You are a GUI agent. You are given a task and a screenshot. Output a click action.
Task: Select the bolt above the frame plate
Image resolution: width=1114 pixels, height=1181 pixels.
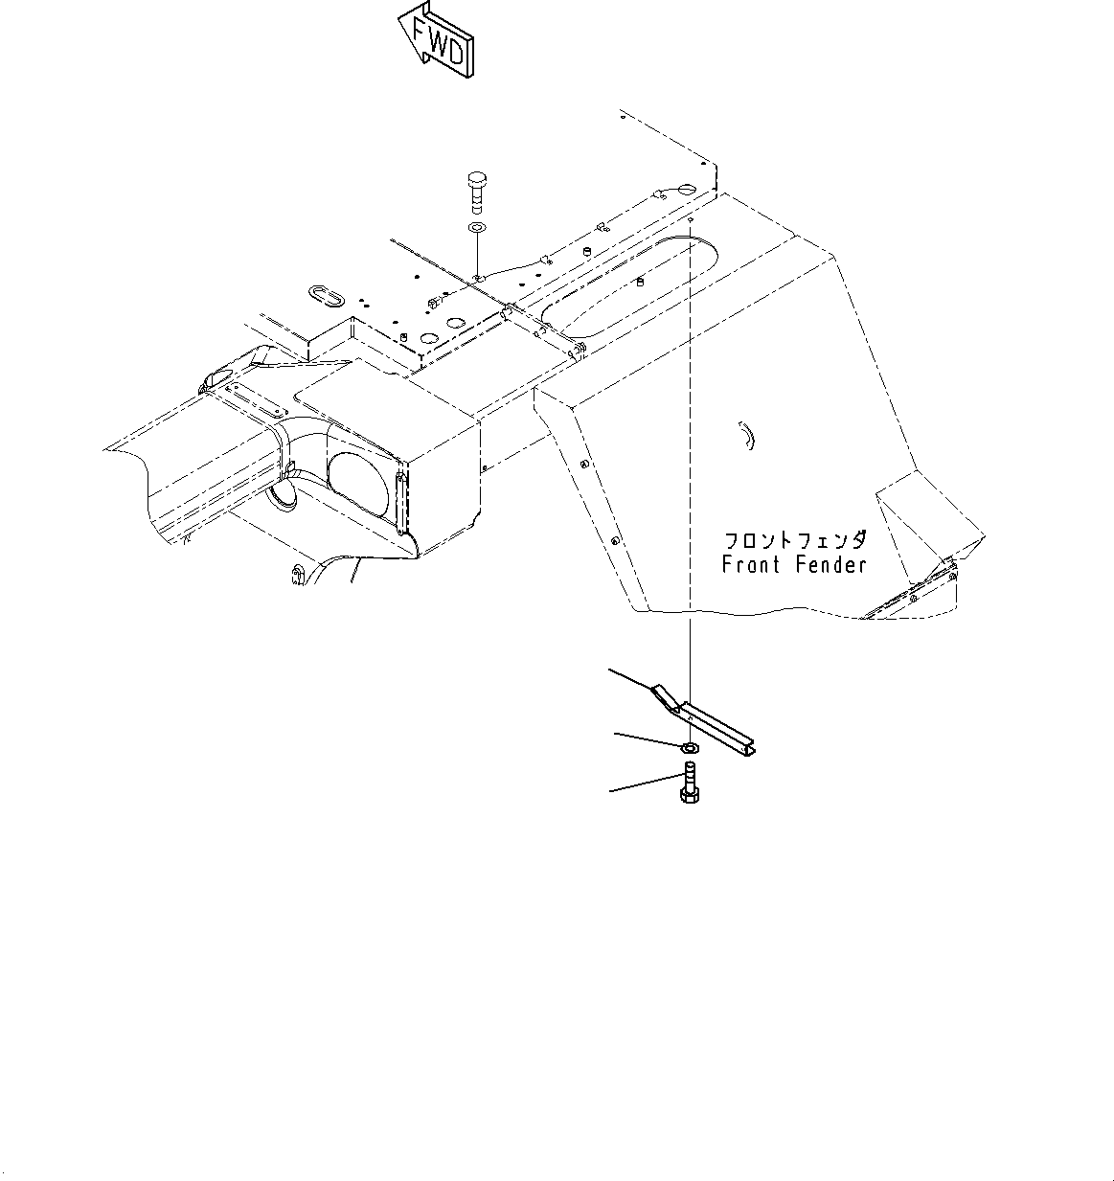tap(477, 192)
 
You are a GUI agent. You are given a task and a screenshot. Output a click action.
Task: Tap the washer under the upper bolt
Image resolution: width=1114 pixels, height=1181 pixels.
tap(476, 229)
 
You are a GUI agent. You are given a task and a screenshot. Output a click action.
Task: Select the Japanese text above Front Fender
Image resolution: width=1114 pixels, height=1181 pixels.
tap(795, 539)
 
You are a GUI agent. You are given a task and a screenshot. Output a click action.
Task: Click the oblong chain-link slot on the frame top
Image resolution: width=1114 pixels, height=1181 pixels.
tap(327, 293)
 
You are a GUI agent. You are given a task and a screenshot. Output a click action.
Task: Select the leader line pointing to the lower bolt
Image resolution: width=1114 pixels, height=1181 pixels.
tap(644, 783)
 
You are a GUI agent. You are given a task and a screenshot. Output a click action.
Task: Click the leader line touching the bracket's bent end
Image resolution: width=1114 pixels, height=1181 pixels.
tap(632, 678)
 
